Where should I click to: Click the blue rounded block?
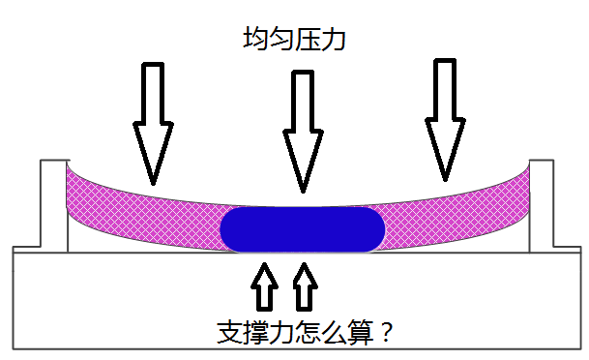303,229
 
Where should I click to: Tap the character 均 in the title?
255,40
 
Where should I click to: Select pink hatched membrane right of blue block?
455,208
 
